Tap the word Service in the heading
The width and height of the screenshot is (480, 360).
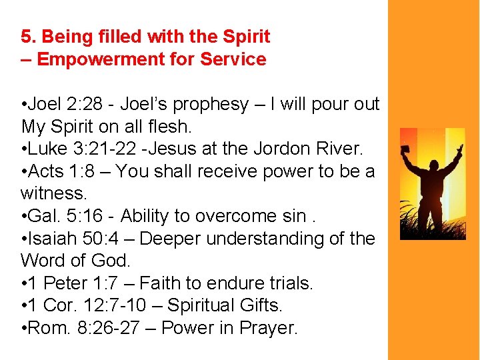pos(233,59)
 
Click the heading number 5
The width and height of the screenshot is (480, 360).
pos(27,36)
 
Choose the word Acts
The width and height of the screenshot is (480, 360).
pos(46,171)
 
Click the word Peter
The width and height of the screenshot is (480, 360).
pos(65,283)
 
